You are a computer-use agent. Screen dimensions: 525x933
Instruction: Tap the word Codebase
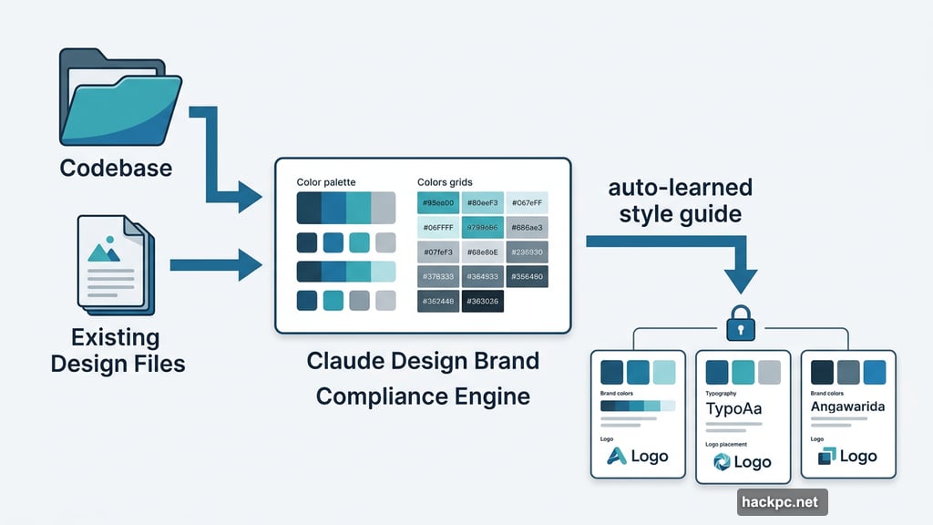pos(116,170)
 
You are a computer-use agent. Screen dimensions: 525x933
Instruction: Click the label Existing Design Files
pos(118,351)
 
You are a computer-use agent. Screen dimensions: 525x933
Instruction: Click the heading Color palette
pos(326,183)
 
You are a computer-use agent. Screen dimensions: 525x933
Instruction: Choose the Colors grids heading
pos(445,183)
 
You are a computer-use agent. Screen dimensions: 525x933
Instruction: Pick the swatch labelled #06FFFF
pos(438,228)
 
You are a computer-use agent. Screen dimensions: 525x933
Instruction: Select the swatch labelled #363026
pos(482,302)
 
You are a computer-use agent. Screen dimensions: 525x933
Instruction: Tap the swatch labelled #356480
pos(527,277)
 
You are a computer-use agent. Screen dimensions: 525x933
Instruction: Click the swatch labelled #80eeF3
pos(482,203)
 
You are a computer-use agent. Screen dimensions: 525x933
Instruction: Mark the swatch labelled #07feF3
pos(438,252)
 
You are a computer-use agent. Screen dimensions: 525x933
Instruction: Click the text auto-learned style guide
pos(680,201)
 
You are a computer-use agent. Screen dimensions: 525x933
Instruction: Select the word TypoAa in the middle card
pos(734,408)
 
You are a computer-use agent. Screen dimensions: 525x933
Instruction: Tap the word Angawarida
pos(847,407)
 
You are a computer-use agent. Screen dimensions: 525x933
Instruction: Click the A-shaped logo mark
pos(618,457)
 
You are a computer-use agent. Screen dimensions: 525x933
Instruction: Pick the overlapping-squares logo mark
pos(826,457)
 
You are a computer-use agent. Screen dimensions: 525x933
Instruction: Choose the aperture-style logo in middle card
pos(721,463)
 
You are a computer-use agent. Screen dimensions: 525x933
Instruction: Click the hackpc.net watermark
pos(781,501)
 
